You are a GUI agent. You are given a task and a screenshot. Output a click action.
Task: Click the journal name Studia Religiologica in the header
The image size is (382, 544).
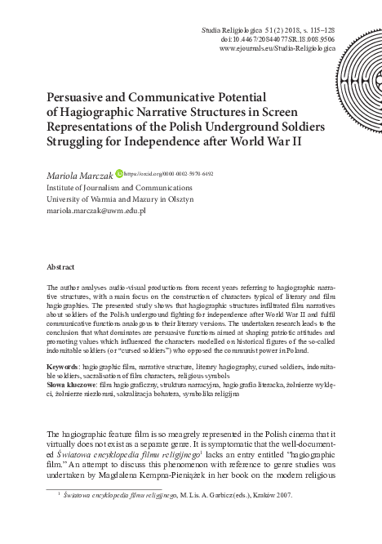click(231, 29)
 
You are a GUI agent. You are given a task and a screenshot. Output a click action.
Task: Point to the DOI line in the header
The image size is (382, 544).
click(278, 38)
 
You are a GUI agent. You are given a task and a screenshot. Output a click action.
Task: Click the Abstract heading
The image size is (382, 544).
click(61, 266)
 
